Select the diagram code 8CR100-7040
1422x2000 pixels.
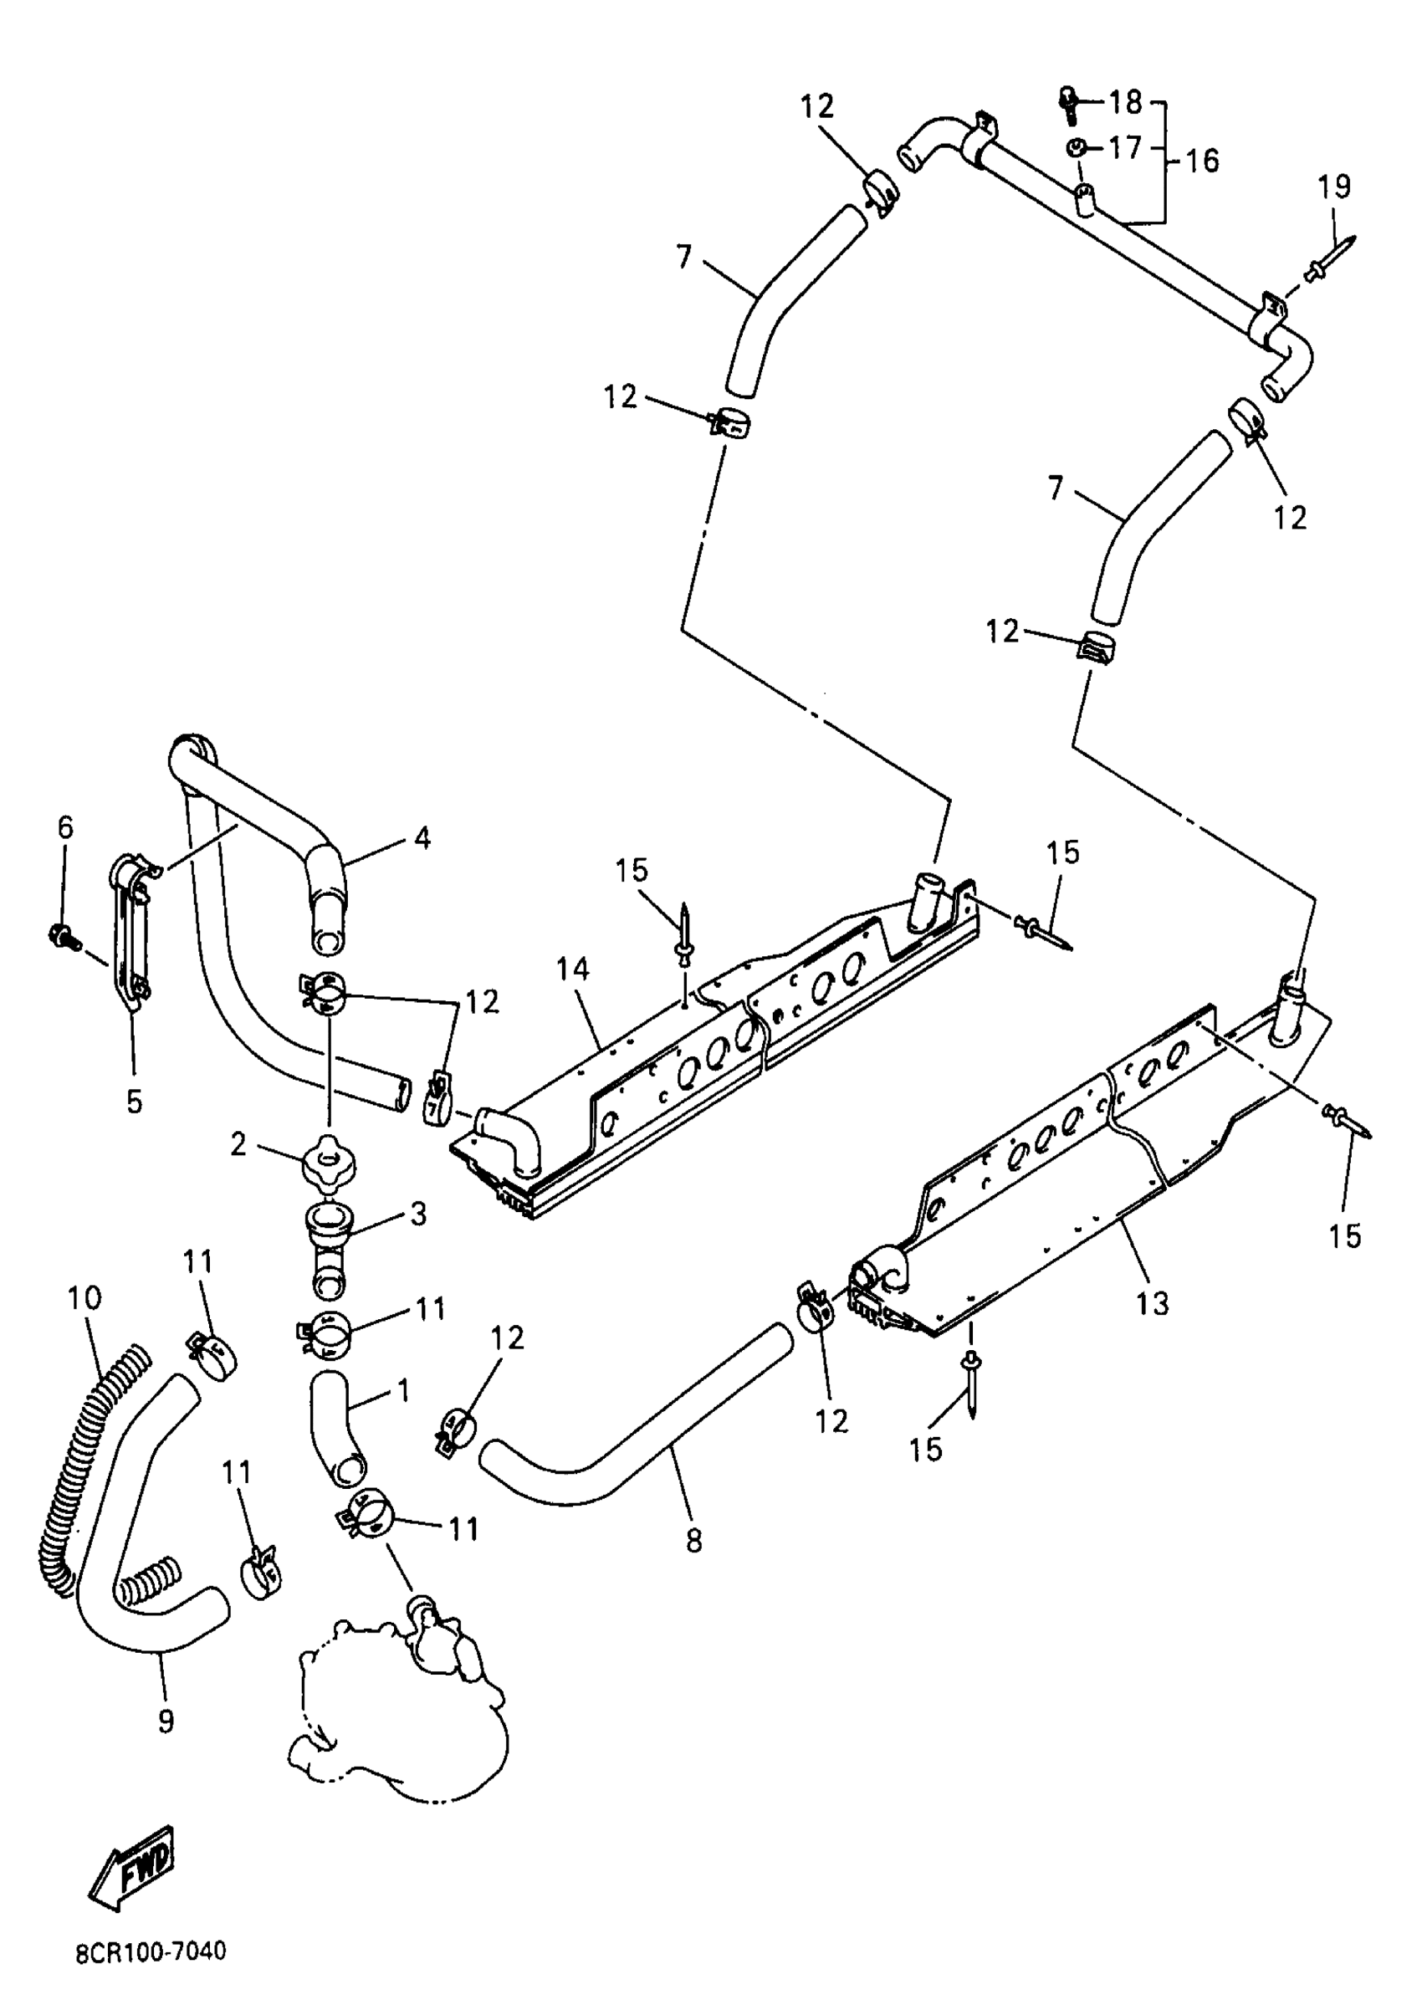click(150, 1951)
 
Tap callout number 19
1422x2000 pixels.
click(1334, 187)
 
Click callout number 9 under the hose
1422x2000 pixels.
click(166, 1721)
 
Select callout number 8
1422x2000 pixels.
click(693, 1540)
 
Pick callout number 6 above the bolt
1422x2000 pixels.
click(66, 826)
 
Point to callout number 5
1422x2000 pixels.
click(133, 1102)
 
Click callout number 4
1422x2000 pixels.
click(422, 838)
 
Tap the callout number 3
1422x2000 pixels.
click(418, 1215)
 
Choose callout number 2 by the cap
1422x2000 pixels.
click(238, 1143)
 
